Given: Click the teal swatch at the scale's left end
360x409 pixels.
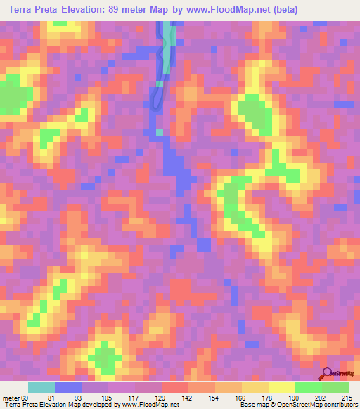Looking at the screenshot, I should tap(41, 388).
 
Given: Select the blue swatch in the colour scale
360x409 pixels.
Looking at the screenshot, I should tap(68, 388).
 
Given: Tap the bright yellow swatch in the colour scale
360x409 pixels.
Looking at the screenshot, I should tap(281, 388).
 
